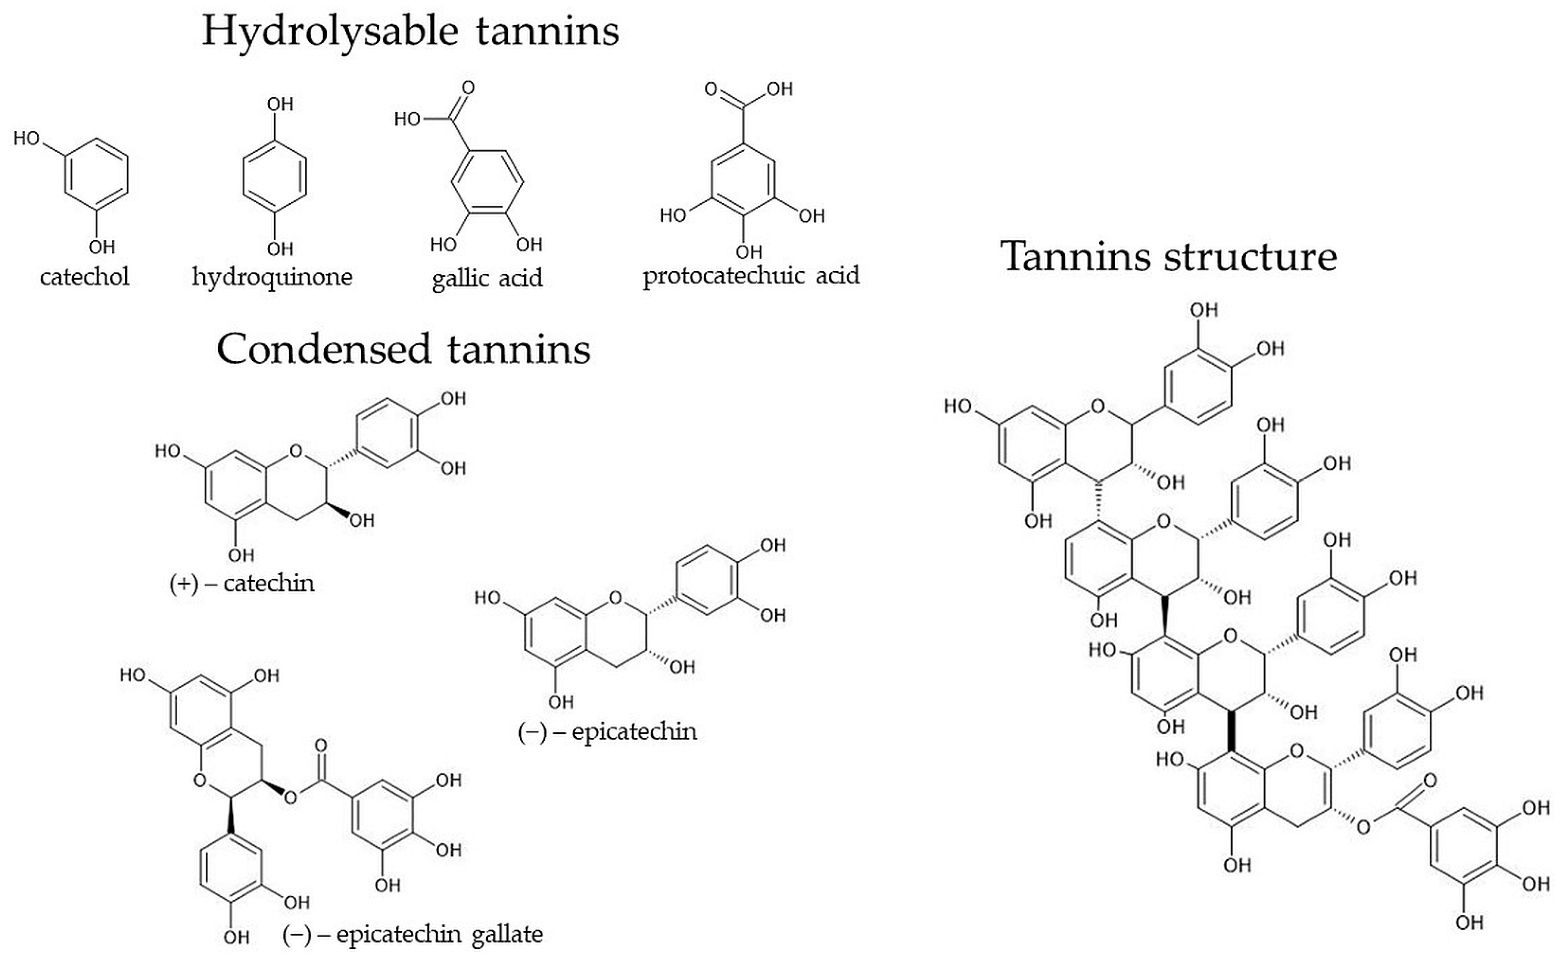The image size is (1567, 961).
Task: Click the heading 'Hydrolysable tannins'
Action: tap(410, 30)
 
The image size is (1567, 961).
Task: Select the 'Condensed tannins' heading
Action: tap(403, 349)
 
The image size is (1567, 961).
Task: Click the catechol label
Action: tap(85, 276)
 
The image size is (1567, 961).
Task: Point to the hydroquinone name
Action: tap(272, 276)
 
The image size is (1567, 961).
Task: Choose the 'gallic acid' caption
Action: tap(487, 278)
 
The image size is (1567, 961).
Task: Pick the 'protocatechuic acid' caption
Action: tap(751, 276)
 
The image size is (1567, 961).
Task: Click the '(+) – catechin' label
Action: tap(242, 583)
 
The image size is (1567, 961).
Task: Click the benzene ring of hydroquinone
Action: tap(275, 175)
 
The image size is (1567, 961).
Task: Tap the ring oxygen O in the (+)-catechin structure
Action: tap(296, 451)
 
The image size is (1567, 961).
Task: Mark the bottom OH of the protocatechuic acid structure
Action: tap(749, 252)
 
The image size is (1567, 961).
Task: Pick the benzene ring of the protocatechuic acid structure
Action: tap(743, 180)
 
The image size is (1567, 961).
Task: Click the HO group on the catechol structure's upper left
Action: tap(26, 138)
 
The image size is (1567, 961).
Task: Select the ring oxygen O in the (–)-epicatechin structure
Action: tap(616, 598)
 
